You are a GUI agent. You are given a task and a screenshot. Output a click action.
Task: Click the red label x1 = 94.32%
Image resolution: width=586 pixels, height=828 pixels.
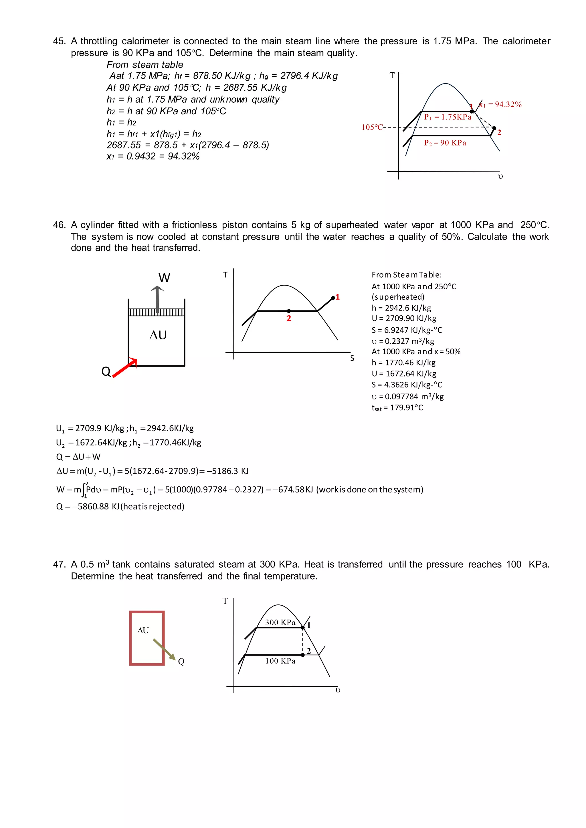(x=500, y=105)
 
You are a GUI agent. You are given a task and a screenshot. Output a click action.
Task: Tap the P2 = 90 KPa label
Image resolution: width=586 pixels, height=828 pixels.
(x=445, y=143)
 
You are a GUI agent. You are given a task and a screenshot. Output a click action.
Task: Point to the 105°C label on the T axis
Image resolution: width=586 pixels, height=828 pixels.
(x=372, y=127)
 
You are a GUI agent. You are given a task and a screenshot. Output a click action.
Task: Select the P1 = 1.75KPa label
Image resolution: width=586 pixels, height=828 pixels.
(x=448, y=117)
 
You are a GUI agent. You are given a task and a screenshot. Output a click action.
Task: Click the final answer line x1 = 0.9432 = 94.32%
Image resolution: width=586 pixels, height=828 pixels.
(x=153, y=156)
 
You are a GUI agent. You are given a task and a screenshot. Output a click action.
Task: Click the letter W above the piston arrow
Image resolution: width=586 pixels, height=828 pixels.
(x=164, y=278)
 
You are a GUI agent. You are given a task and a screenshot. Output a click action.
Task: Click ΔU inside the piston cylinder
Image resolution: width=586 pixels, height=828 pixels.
(x=158, y=335)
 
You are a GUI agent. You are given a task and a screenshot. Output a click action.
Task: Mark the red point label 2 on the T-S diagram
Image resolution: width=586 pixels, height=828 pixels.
(x=289, y=318)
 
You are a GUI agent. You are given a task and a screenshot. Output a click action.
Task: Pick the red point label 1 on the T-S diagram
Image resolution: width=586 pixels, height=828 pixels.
(x=338, y=297)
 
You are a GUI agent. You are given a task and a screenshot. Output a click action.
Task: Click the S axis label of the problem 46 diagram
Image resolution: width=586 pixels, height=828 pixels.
(x=352, y=358)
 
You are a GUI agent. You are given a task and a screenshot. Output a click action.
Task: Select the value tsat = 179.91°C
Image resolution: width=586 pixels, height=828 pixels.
(x=397, y=407)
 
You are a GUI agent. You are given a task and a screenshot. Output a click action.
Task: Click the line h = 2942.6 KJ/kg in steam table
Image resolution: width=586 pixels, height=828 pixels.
(x=401, y=308)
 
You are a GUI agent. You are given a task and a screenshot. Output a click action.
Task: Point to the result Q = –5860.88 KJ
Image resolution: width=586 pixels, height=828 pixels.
(x=120, y=506)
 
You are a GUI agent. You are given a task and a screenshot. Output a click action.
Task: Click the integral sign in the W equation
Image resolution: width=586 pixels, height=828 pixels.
(x=84, y=489)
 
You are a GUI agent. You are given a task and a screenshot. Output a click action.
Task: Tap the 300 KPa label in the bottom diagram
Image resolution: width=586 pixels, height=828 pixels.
(x=280, y=622)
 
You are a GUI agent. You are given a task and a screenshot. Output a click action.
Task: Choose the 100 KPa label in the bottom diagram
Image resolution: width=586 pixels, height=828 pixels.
(x=280, y=661)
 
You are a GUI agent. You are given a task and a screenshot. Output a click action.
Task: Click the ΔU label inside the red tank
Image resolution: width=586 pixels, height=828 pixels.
(x=143, y=630)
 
